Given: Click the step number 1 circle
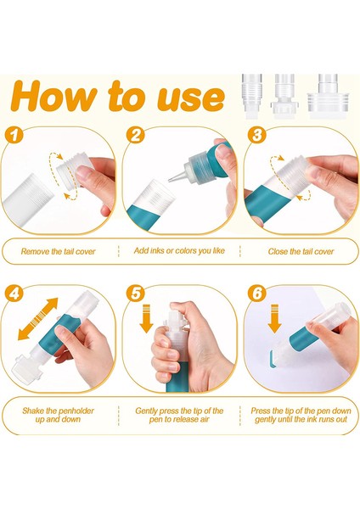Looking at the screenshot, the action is point(14,135).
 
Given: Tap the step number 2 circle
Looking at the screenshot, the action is point(135,135).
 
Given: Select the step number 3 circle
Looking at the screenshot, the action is point(256,135).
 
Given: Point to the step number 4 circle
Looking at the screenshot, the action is point(14,294).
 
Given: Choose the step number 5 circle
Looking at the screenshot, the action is point(135,294).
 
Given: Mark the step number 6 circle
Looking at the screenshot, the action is point(256,294).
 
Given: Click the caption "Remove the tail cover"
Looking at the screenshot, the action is point(58,252).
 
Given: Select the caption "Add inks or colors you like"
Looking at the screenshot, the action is point(179,251).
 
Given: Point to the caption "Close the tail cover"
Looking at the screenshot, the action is point(301,252).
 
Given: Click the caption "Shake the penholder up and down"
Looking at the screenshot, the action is point(58,415).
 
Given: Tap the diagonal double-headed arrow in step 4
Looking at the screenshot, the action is point(37,319).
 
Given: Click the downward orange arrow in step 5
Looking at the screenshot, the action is point(146,319).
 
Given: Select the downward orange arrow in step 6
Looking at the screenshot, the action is point(275,319).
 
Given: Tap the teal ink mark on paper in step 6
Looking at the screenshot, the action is point(273,359).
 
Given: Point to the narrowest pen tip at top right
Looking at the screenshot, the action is point(252,96).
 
